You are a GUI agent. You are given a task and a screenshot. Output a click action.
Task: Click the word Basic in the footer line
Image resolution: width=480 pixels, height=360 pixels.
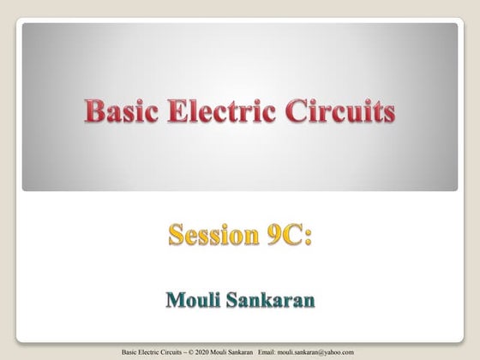130,351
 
